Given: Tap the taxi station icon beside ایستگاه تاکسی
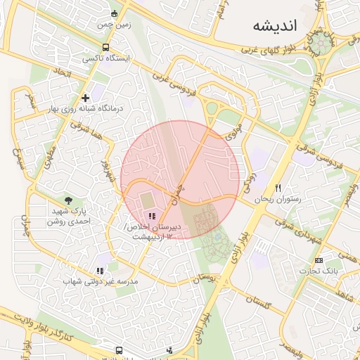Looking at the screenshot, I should (x=105, y=47).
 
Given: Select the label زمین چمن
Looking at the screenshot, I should (x=114, y=24).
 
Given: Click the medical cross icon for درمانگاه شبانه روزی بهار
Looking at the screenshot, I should (x=85, y=98).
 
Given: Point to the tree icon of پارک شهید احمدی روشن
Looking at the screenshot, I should (x=68, y=200).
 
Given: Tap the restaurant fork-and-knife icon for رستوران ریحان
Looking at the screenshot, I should (x=278, y=188).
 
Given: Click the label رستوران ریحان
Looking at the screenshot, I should (x=280, y=199).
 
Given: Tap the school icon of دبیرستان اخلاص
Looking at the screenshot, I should (x=152, y=216).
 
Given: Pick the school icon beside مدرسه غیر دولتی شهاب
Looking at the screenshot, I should (x=100, y=270).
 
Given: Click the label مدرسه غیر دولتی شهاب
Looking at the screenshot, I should (x=101, y=281).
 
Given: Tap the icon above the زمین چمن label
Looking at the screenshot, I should (x=115, y=13).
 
